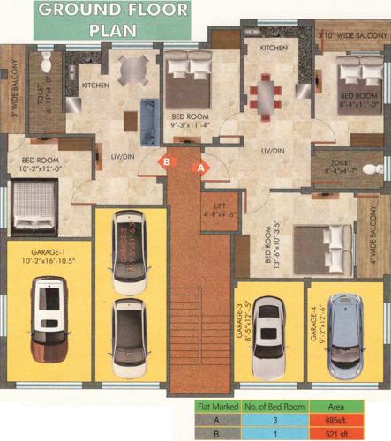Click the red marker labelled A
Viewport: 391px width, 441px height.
click(200, 165)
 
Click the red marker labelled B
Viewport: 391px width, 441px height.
click(165, 162)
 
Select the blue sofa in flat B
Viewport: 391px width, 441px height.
click(147, 116)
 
